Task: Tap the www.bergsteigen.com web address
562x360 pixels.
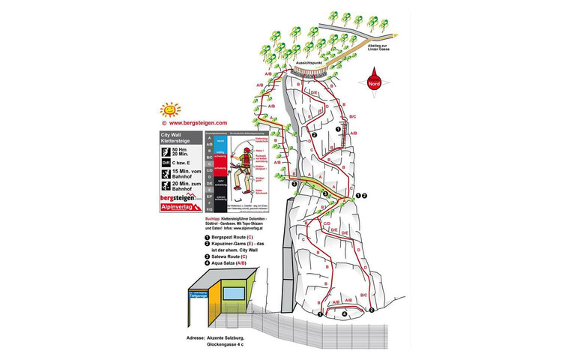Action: tap(197, 122)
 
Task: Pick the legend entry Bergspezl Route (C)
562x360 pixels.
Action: tap(233, 238)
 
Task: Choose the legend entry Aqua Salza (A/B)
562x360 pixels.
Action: tap(232, 263)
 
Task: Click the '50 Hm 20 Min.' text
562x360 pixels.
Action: tap(184, 149)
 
